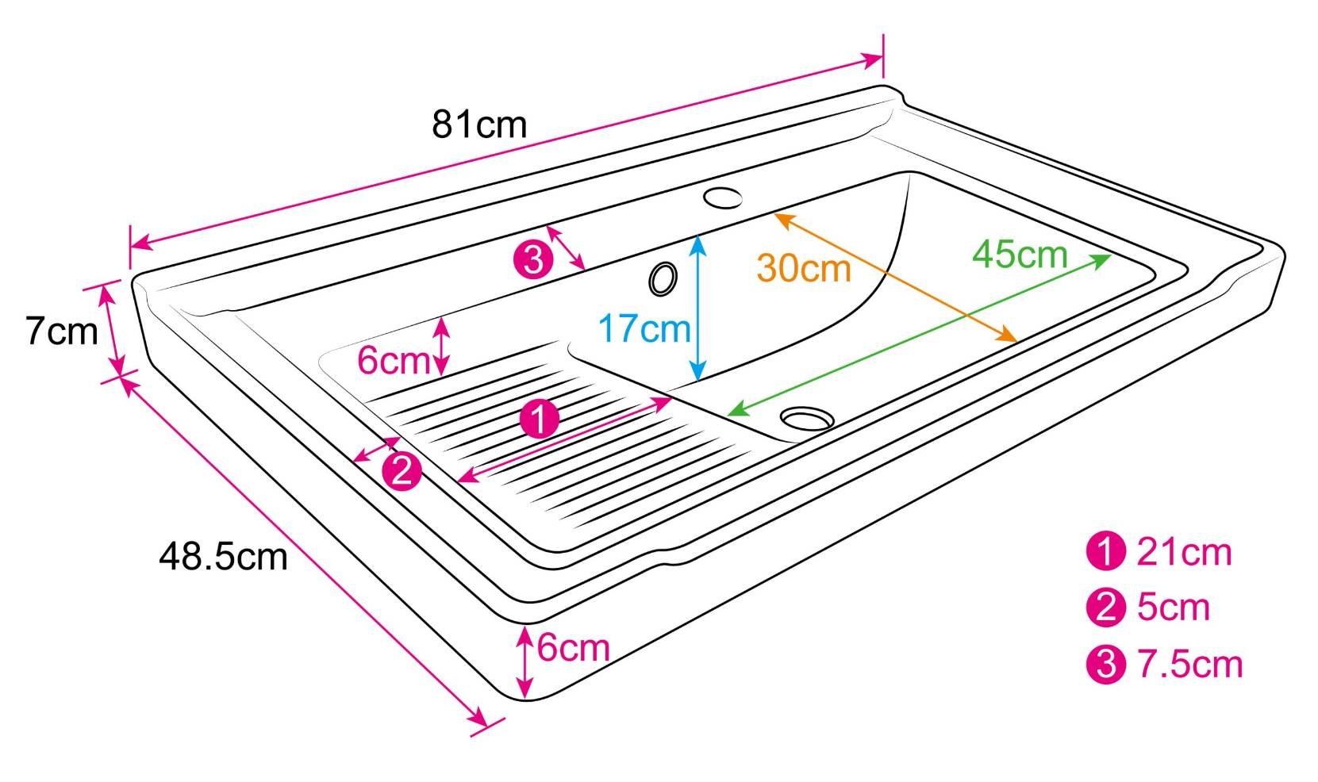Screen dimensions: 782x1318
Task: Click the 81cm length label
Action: click(479, 125)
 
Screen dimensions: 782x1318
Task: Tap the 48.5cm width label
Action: click(223, 556)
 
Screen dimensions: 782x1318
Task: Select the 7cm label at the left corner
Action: click(60, 331)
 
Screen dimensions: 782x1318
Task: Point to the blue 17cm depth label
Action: click(644, 328)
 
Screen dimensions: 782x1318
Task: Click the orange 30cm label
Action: click(804, 268)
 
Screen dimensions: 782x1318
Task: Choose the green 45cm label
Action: click(1020, 255)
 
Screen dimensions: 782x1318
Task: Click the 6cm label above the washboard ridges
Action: click(392, 361)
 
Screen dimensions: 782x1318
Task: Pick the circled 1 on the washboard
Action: click(539, 419)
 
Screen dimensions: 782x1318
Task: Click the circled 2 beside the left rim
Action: click(402, 472)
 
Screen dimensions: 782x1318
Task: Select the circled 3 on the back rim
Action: click(533, 259)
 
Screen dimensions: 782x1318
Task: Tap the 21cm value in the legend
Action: click(1184, 552)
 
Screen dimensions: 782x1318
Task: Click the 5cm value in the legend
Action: click(1174, 608)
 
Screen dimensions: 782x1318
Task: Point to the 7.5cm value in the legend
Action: click(1189, 664)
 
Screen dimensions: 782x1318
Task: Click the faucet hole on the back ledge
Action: click(722, 197)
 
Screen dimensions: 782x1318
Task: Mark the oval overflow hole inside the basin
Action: click(663, 278)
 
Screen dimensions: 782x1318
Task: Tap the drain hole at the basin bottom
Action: click(807, 417)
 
